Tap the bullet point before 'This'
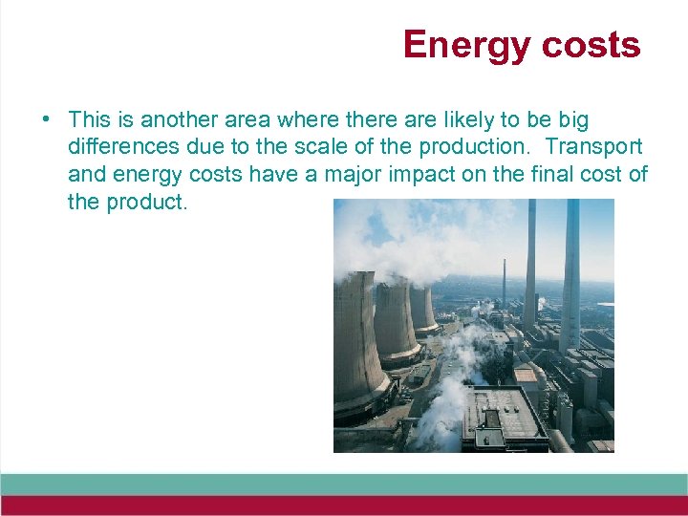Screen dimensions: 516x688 coord(46,120)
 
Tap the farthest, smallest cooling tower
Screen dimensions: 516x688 coord(421,308)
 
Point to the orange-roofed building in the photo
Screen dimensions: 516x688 coord(527,374)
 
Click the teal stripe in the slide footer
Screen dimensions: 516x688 coord(344,484)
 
